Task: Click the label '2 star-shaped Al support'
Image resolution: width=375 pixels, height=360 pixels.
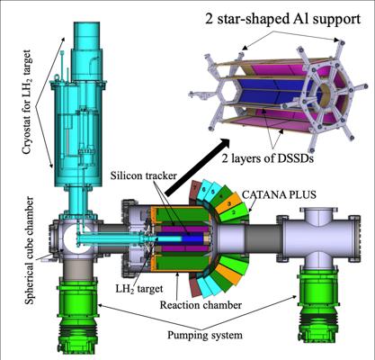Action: click(x=282, y=20)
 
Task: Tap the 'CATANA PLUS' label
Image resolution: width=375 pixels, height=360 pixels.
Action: click(x=279, y=194)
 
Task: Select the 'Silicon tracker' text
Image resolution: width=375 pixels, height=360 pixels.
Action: click(x=144, y=175)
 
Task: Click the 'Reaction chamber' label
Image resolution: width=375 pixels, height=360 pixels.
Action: click(x=201, y=305)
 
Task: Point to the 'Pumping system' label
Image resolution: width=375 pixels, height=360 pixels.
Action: click(x=205, y=335)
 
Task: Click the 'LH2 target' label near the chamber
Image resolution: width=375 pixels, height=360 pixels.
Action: click(x=139, y=289)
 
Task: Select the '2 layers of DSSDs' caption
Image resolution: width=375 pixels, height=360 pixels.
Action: click(x=267, y=158)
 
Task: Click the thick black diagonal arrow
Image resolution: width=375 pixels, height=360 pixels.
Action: click(x=197, y=166)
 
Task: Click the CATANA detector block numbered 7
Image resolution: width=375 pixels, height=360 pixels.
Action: click(x=195, y=190)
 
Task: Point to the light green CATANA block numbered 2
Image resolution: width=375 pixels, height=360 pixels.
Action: click(x=237, y=211)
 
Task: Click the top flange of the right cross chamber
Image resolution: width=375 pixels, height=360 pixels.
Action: click(x=320, y=210)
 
